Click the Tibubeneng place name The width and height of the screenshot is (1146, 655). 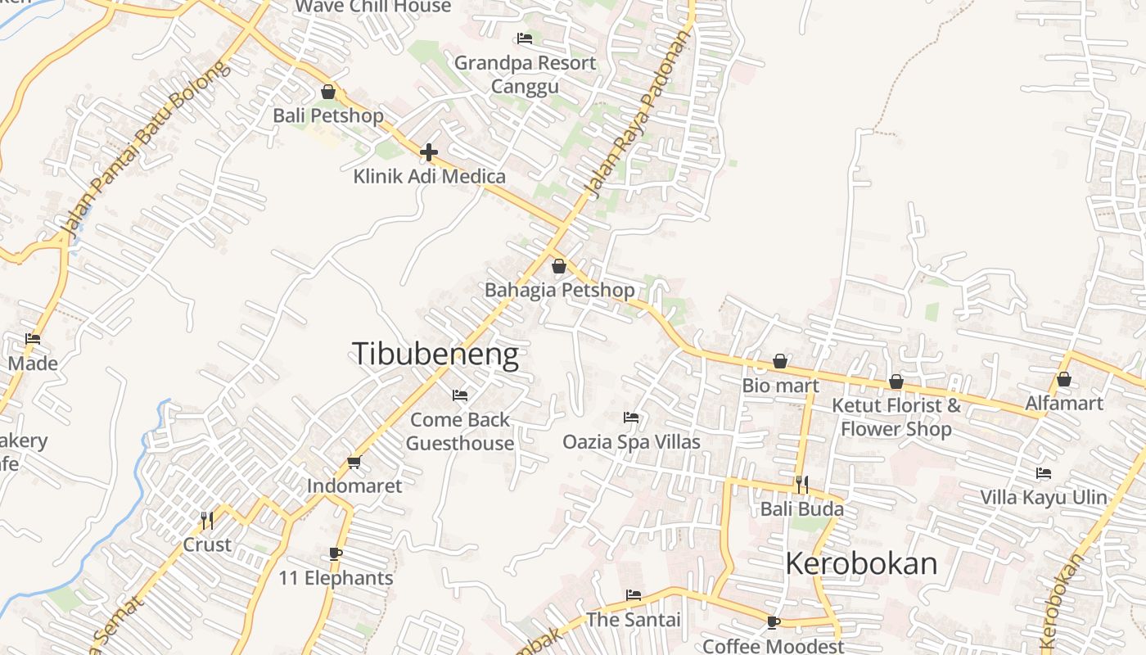435,354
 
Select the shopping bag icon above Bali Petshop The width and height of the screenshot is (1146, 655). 328,92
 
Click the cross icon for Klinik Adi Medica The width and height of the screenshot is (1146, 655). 429,152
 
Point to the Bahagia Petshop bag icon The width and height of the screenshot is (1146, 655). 559,266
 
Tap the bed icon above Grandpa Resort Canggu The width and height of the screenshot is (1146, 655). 525,38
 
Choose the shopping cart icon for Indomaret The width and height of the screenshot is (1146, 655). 354,463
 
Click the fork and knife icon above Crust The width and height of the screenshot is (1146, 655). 207,520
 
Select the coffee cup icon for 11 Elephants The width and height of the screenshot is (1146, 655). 336,554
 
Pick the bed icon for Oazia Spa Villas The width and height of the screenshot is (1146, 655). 631,418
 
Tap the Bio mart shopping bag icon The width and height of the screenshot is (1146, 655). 781,361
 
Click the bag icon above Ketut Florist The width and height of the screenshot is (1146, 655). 896,382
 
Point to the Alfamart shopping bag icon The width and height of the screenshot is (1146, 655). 1064,379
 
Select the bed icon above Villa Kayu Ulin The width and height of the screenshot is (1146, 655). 1044,473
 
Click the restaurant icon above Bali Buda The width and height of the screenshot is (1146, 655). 802,485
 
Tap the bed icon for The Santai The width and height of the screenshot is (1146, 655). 633,595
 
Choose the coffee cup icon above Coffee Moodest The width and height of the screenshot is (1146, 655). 774,622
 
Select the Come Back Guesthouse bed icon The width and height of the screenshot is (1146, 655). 460,395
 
